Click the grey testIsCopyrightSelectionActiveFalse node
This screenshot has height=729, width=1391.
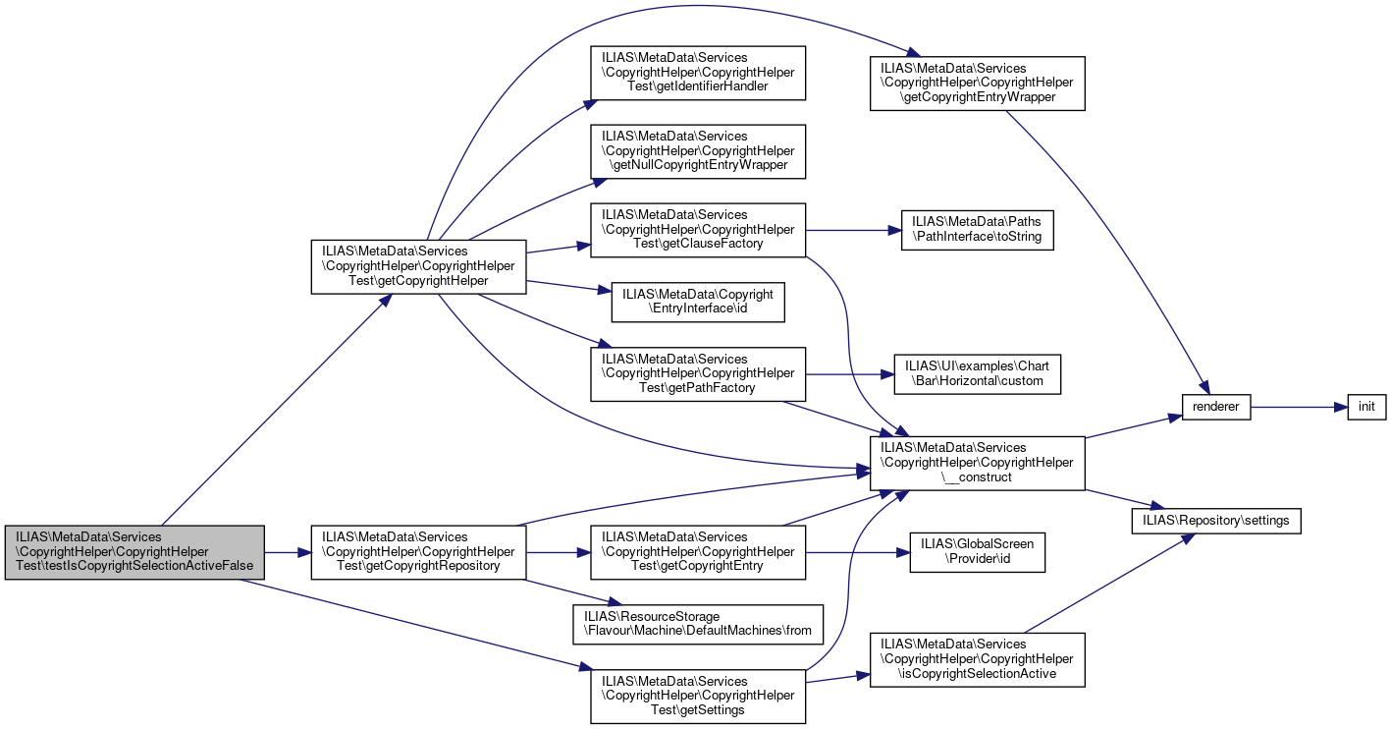(x=134, y=552)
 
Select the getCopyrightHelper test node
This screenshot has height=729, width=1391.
(x=418, y=266)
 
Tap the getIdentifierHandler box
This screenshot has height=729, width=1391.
(x=698, y=73)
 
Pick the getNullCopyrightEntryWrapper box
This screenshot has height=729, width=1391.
(x=698, y=151)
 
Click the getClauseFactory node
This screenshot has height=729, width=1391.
(x=698, y=230)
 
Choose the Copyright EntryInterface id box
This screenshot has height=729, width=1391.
(x=698, y=302)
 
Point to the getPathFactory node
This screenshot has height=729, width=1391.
(x=698, y=374)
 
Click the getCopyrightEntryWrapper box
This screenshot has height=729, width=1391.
(x=978, y=84)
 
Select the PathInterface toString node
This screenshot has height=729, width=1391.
(x=978, y=230)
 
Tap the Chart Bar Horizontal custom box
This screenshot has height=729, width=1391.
(x=978, y=374)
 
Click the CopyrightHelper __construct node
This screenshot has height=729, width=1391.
(x=978, y=463)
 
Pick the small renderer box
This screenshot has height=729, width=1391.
(x=1216, y=407)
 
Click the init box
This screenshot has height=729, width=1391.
(x=1366, y=407)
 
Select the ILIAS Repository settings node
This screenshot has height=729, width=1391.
(x=1216, y=521)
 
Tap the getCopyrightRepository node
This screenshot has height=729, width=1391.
(x=418, y=552)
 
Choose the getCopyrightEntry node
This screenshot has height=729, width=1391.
(x=698, y=552)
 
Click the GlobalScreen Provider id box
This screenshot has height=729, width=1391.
(x=978, y=552)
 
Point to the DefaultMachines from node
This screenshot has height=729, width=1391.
(x=698, y=624)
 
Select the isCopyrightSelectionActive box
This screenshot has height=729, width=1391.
(x=978, y=660)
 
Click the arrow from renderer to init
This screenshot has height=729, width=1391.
(x=1299, y=407)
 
